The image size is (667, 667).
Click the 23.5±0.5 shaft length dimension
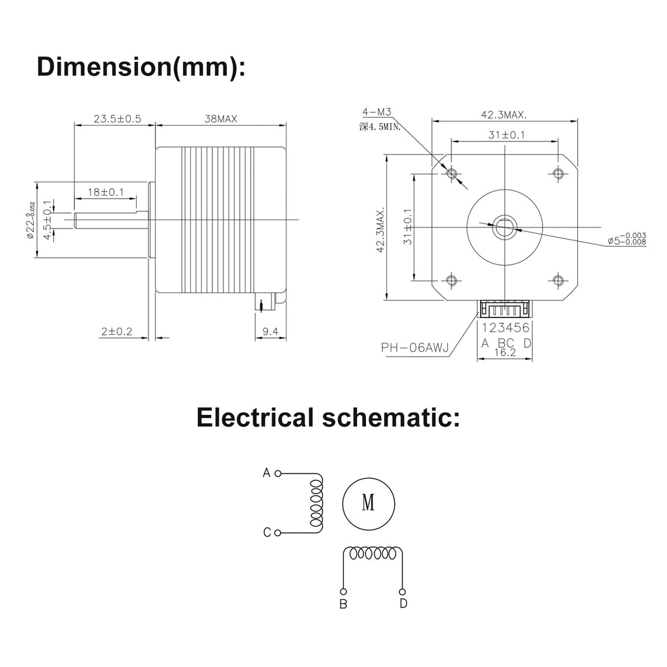point(117,119)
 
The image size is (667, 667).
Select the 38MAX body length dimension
point(220,119)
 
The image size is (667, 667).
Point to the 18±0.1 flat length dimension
point(106,192)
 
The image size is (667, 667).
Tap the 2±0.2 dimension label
point(117,332)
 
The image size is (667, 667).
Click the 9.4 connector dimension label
point(270,332)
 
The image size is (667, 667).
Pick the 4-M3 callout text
point(376,112)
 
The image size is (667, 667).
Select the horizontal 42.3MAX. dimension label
point(504,115)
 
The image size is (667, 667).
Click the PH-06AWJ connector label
point(415,348)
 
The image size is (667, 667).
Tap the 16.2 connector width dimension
point(505,352)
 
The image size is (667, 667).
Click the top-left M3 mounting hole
point(452,173)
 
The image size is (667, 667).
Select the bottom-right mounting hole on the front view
point(558,280)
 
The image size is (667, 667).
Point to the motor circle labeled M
point(369,504)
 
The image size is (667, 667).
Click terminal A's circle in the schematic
point(277,473)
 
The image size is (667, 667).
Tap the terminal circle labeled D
point(403,591)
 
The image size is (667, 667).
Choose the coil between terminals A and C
point(317,503)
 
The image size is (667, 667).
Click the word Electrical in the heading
point(255,418)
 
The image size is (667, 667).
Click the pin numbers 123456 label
point(505,328)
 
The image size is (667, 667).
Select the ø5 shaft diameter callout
point(627,238)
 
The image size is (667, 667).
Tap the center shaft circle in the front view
point(505,227)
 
